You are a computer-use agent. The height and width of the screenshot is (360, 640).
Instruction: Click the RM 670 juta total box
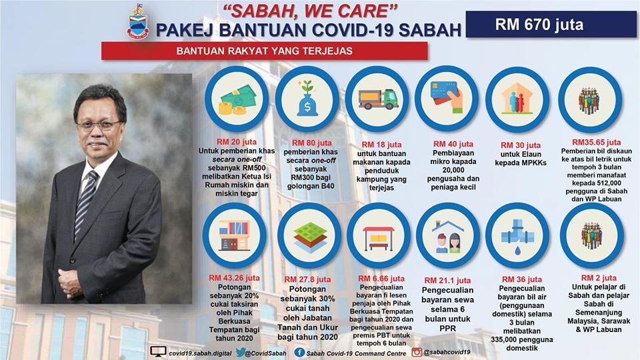click(551, 25)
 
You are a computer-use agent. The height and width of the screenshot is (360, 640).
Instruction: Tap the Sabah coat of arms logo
click(137, 21)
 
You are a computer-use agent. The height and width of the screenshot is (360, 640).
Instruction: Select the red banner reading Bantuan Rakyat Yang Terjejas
click(265, 51)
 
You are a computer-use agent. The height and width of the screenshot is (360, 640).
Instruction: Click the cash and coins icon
click(237, 100)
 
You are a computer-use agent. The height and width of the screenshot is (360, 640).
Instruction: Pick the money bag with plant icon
click(307, 99)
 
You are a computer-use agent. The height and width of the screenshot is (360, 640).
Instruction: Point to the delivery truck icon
click(378, 99)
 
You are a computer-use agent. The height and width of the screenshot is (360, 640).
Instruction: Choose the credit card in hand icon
click(447, 97)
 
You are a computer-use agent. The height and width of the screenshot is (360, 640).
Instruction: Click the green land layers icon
click(310, 236)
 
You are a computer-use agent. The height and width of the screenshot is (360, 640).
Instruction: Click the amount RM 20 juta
click(237, 141)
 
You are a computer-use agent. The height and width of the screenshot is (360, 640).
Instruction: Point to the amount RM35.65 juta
click(596, 142)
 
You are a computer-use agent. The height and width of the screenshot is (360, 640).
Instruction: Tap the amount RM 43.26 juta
click(234, 277)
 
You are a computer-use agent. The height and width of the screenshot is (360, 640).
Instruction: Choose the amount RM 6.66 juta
click(381, 279)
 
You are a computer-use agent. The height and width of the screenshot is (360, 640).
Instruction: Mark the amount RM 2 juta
click(599, 277)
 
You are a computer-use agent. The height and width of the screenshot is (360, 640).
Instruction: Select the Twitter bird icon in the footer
click(241, 352)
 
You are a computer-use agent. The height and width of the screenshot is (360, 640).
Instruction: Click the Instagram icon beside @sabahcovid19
click(417, 352)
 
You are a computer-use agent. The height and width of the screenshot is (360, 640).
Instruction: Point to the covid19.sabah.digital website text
click(200, 353)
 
